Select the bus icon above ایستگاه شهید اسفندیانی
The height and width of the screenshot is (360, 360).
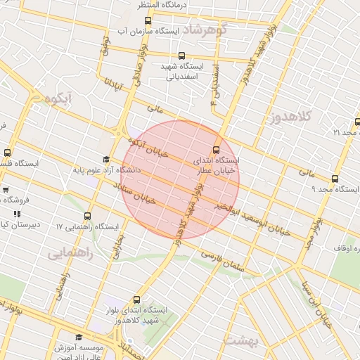(x=181, y=56)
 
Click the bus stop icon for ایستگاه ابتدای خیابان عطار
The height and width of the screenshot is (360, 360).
(x=216, y=149)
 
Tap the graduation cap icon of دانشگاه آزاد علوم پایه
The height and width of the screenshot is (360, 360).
(x=105, y=160)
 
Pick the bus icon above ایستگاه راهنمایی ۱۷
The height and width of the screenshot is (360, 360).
(x=87, y=216)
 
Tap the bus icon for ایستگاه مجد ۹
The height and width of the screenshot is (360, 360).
(x=335, y=178)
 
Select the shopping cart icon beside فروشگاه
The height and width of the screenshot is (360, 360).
(x=5, y=189)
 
